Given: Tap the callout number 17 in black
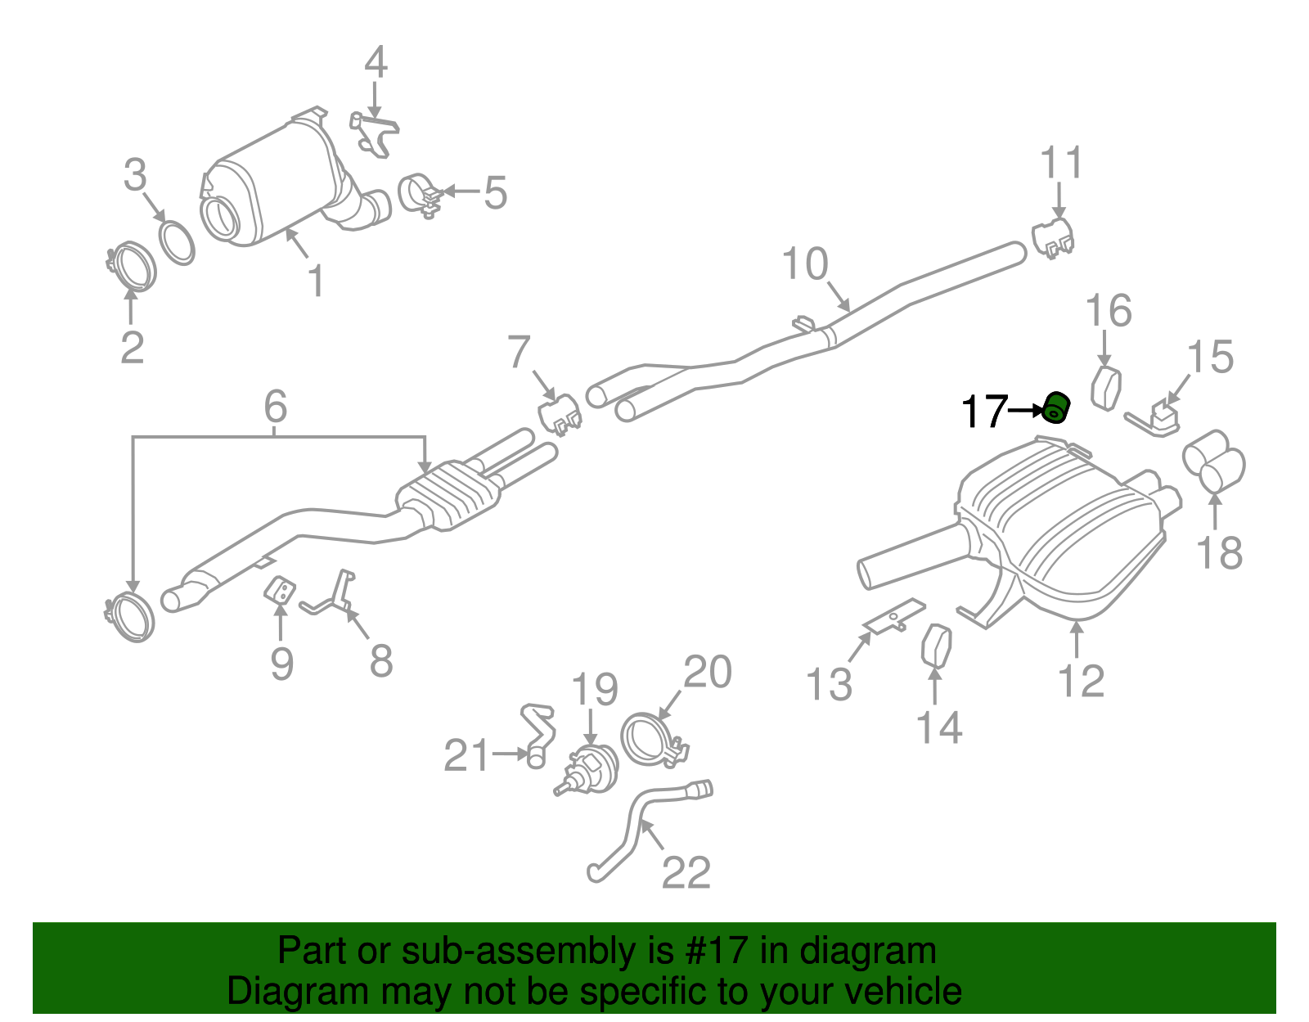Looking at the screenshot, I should point(983,412).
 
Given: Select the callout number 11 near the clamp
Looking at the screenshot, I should point(1061,164).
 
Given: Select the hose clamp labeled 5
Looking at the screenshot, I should point(419,196).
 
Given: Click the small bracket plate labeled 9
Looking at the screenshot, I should point(280,591).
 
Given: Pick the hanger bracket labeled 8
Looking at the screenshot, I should point(335,596).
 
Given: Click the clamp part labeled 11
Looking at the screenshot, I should point(1052,236).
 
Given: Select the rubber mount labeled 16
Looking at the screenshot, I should point(1106,388).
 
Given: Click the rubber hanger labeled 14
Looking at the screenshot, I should point(935,646).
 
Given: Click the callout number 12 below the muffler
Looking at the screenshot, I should point(1081,681).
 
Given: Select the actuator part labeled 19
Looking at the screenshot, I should point(589,769).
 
